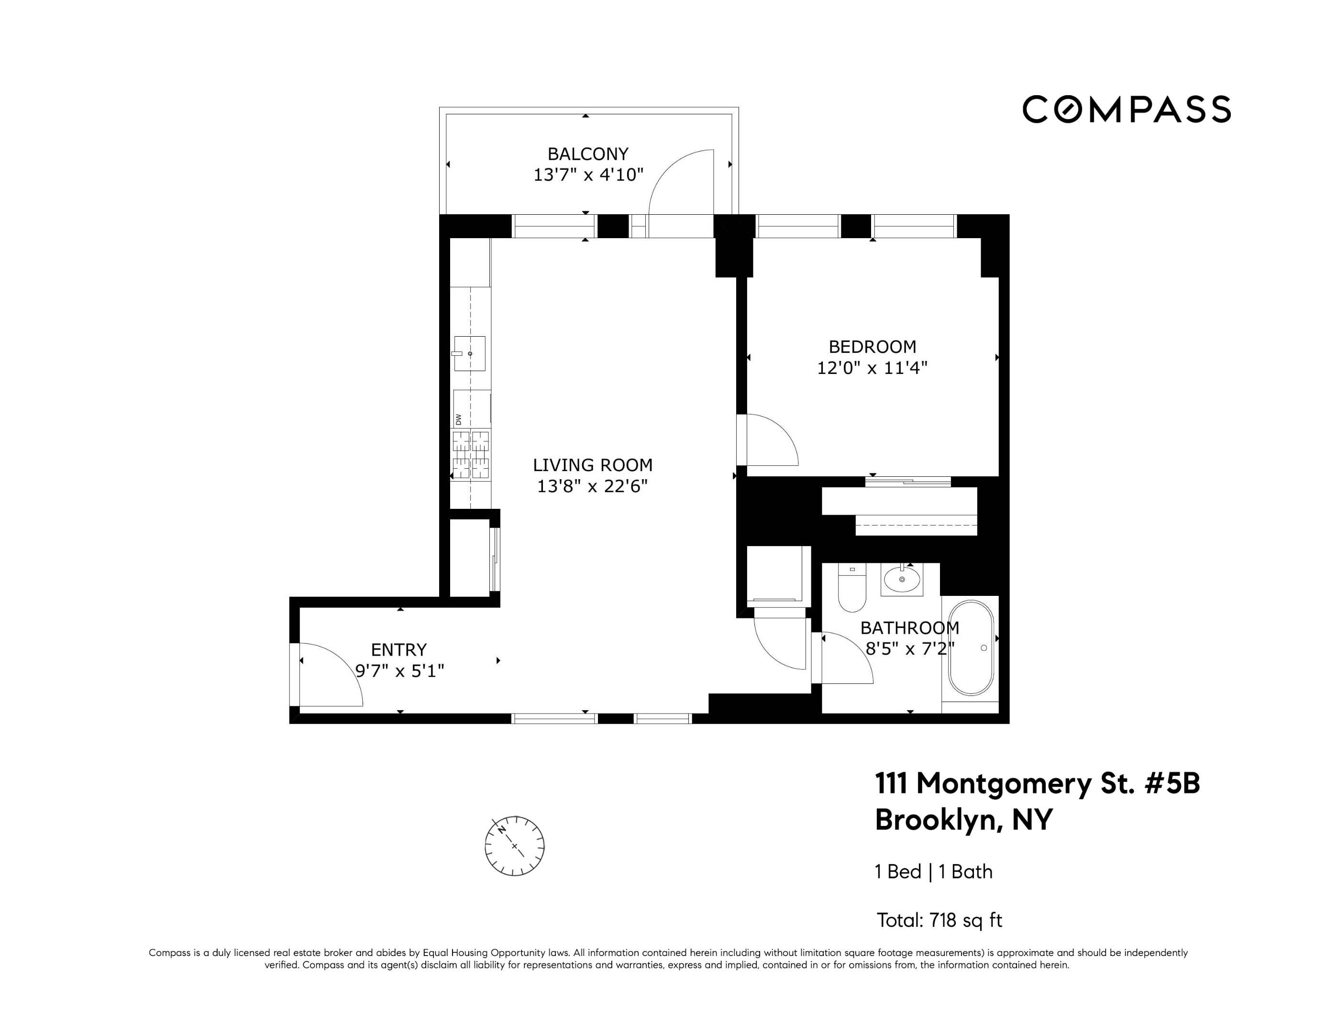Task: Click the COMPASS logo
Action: [x=1127, y=110]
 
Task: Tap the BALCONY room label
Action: [x=588, y=154]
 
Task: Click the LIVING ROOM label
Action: [x=593, y=465]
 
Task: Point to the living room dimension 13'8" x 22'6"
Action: [x=593, y=486]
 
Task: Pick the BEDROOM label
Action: [x=873, y=347]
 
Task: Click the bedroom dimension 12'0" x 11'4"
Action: [x=873, y=368]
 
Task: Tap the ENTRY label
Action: [x=398, y=649]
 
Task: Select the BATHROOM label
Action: [x=910, y=628]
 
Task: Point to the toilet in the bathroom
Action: [x=851, y=588]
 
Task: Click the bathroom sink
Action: [x=902, y=579]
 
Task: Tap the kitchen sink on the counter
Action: [x=470, y=354]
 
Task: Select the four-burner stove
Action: [x=471, y=455]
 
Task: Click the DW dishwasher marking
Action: [x=458, y=419]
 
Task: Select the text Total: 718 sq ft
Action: [x=939, y=920]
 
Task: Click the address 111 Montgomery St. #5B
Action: [x=1037, y=783]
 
